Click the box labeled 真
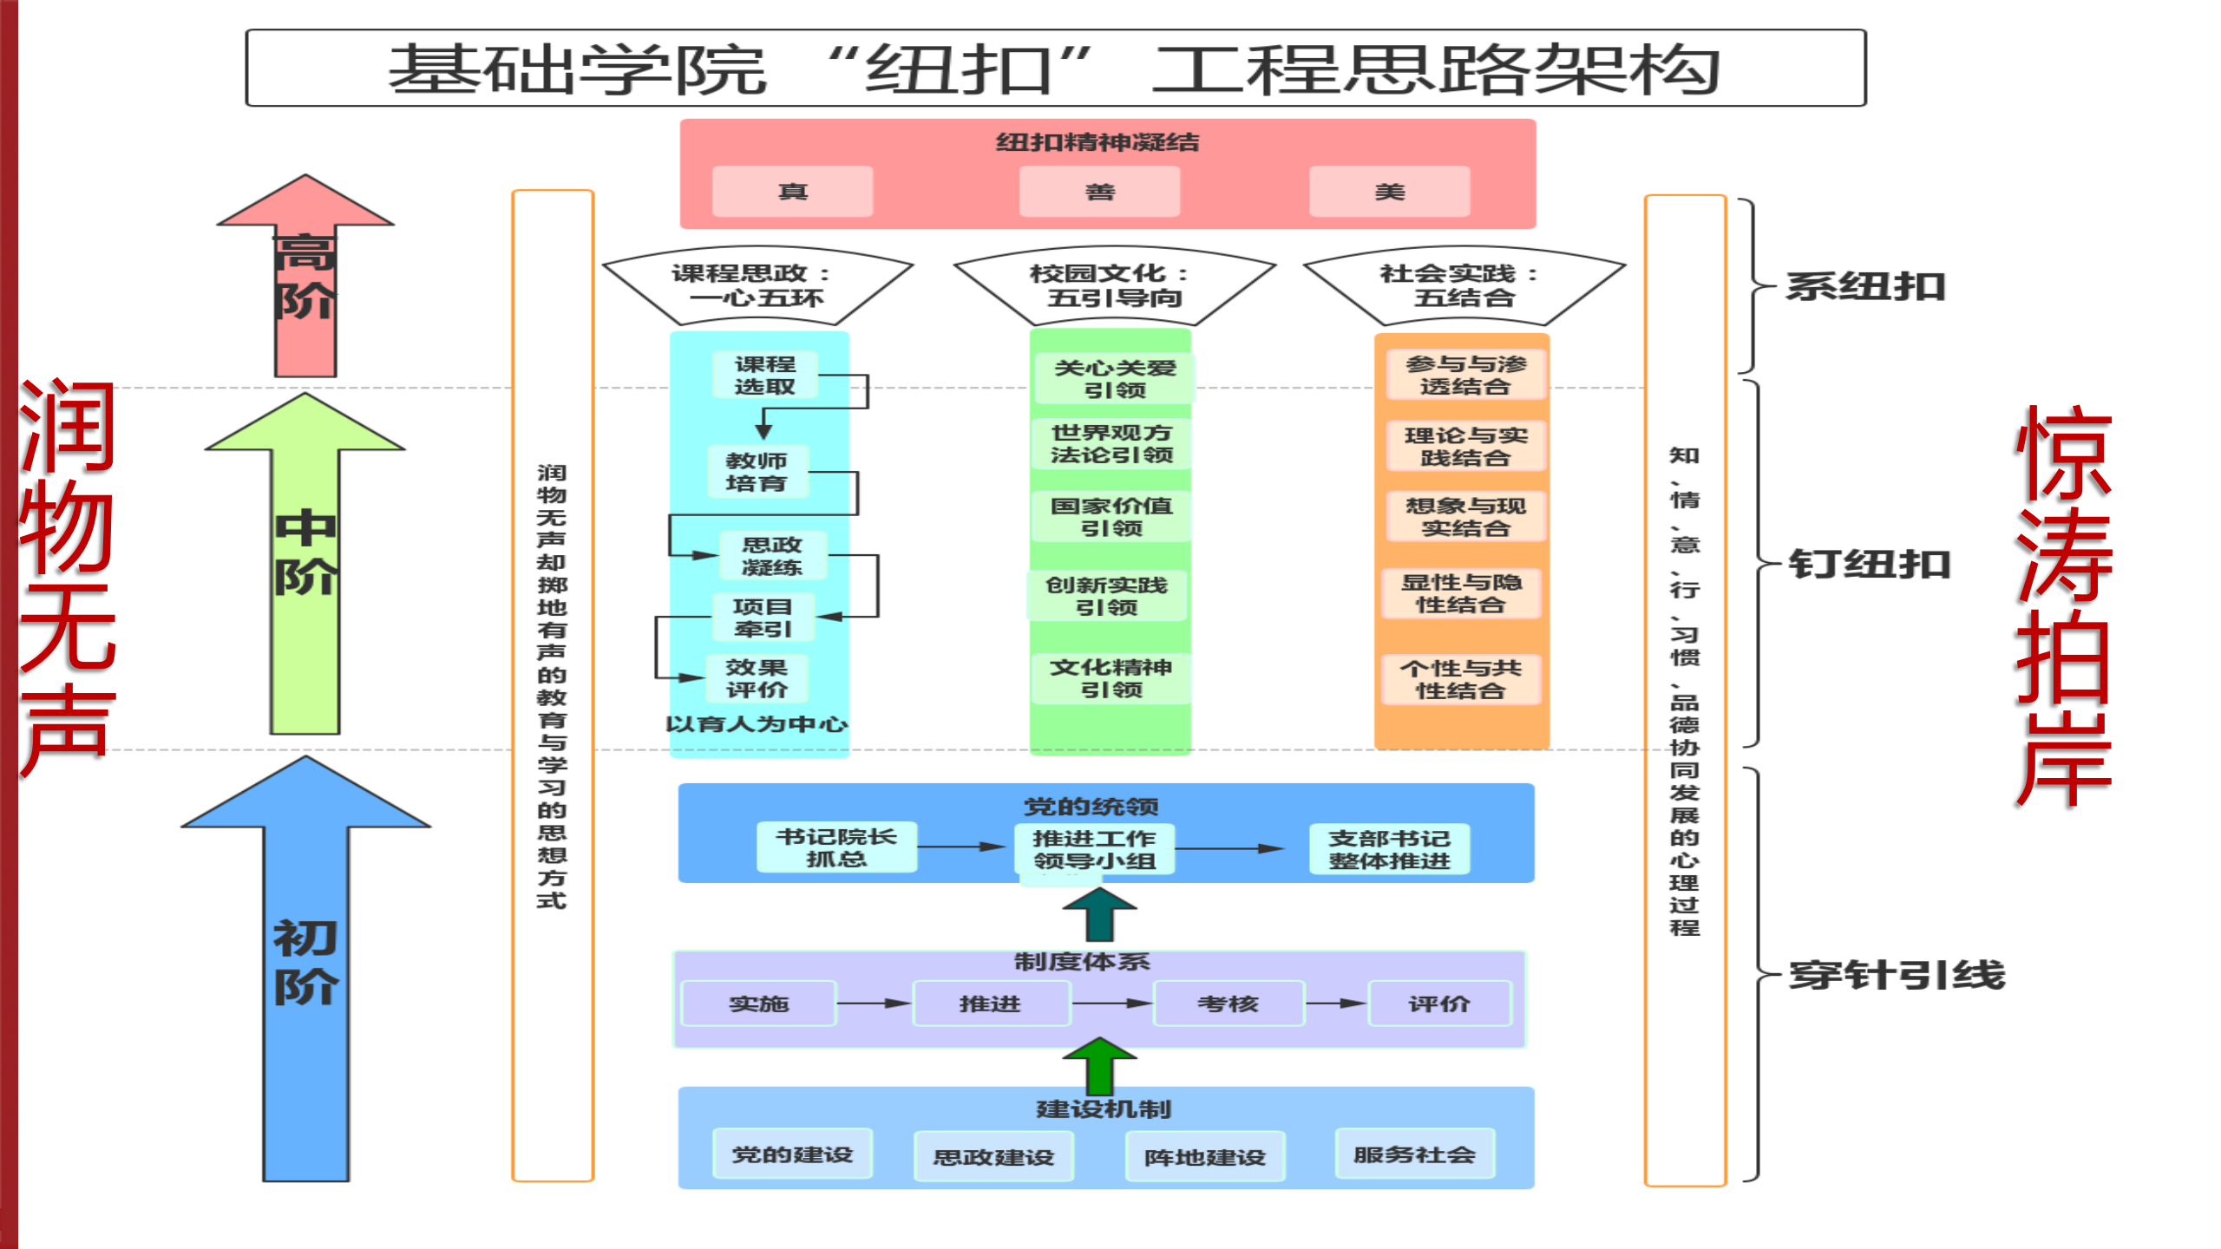[x=792, y=192]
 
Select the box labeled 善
[x=1099, y=192]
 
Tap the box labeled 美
[x=1389, y=192]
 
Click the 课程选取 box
[x=764, y=375]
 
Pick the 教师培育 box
[x=757, y=472]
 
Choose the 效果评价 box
[x=757, y=678]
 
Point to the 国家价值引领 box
[x=1111, y=516]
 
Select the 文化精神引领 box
[x=1111, y=678]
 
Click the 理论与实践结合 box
[x=1465, y=446]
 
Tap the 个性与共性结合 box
[x=1461, y=679]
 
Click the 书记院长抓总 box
[x=836, y=847]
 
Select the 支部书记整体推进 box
[x=1389, y=849]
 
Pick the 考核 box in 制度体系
[x=1228, y=1004]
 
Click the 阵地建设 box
[x=1205, y=1157]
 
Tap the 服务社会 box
[x=1414, y=1154]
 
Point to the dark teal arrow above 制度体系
[x=1099, y=915]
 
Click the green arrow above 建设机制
[x=1099, y=1065]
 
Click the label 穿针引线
[x=1897, y=975]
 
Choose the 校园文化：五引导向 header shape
[x=1114, y=284]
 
